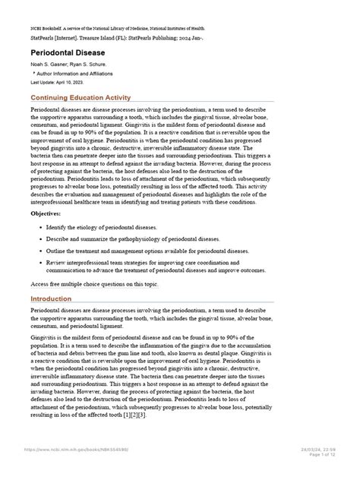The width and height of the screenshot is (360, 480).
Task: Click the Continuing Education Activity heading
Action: (80, 99)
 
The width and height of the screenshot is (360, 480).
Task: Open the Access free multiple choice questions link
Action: (95, 283)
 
